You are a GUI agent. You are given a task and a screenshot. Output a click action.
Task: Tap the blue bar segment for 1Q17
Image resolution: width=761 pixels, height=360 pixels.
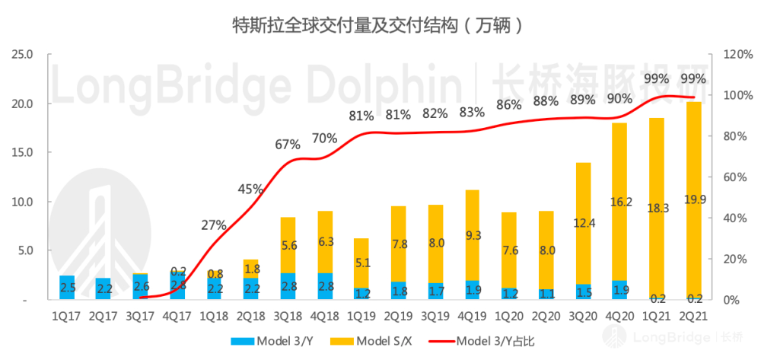[x=67, y=288]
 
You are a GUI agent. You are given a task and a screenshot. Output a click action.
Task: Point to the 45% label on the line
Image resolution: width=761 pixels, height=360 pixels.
[x=250, y=189]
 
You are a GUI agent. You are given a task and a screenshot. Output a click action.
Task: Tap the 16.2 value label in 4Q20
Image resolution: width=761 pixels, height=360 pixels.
[x=619, y=202]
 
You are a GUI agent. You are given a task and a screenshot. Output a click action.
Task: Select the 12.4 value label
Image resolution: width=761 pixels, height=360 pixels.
[x=583, y=221]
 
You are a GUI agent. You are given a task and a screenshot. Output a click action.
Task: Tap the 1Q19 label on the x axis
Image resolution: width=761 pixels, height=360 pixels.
[x=361, y=314]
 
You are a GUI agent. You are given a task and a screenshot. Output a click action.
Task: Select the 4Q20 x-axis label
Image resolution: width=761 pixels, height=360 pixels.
[x=619, y=314]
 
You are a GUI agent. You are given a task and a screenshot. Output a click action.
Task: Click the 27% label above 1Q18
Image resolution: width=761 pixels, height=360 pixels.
[x=214, y=225]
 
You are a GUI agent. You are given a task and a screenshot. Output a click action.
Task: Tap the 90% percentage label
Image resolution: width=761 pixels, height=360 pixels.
[x=619, y=98]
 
